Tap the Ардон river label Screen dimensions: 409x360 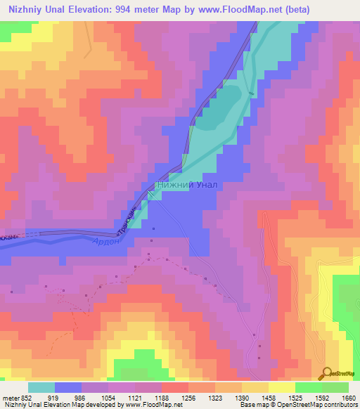tap(105, 241)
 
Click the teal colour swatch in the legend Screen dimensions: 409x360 tap(41, 387)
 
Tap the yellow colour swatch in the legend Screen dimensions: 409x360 tap(282, 387)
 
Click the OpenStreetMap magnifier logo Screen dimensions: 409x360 tap(326, 372)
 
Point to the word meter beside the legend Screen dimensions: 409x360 tap(11, 397)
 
